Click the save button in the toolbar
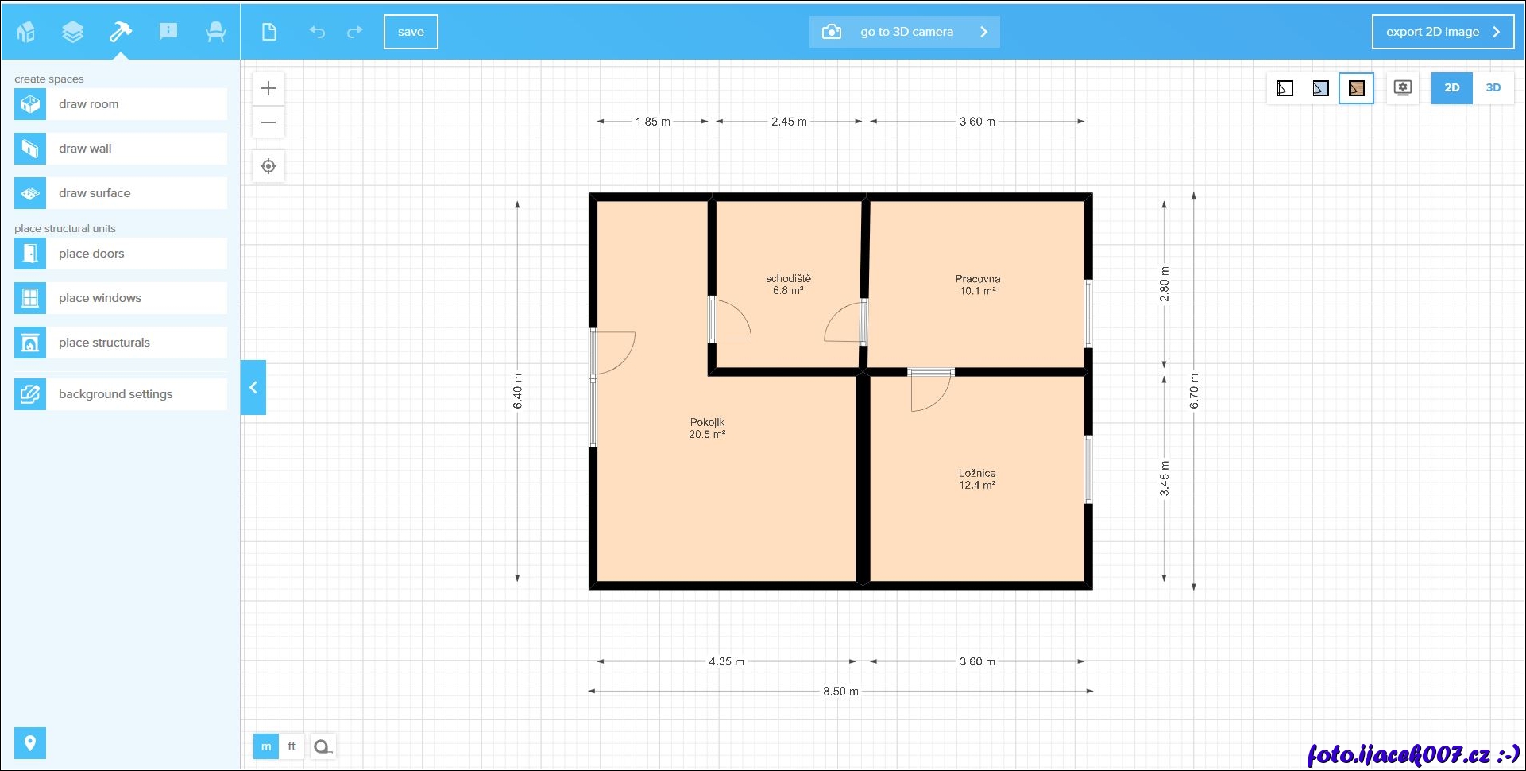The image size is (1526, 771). [411, 32]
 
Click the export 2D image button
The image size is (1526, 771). [1443, 32]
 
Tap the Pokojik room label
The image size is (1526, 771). [707, 428]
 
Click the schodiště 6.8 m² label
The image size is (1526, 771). [788, 285]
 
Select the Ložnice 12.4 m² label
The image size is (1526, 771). [977, 478]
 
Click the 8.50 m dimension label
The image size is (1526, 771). [840, 692]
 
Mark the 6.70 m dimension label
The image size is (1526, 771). [1194, 391]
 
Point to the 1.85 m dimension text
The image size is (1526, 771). [653, 122]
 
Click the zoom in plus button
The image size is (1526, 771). [268, 88]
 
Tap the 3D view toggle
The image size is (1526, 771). [1493, 88]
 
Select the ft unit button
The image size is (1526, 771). [292, 746]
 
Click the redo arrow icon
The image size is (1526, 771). [355, 32]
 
